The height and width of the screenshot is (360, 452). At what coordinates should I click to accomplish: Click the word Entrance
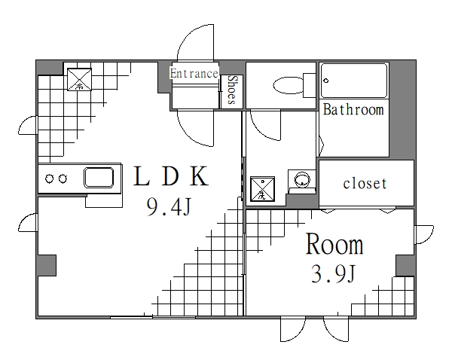[x=194, y=73]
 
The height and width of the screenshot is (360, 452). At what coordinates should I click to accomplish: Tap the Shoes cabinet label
[x=233, y=90]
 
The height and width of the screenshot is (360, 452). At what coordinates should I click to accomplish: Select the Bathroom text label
[x=353, y=110]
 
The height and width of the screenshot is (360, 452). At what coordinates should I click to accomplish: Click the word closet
[x=365, y=183]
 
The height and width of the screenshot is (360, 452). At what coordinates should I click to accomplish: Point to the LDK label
[x=170, y=177]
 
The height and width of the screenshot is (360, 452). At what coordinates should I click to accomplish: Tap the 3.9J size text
[x=333, y=275]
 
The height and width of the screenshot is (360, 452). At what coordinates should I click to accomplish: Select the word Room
[x=334, y=245]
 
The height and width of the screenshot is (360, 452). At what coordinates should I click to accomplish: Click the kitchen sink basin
[x=99, y=178]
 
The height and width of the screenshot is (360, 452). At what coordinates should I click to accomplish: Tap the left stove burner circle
[x=50, y=178]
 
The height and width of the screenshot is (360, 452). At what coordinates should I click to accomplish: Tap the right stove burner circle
[x=64, y=178]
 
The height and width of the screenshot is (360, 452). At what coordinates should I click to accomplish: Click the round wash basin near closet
[x=303, y=180]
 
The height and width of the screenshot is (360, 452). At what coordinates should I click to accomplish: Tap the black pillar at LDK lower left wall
[x=47, y=266]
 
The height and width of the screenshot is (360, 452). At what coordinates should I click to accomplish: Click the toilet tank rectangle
[x=309, y=84]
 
